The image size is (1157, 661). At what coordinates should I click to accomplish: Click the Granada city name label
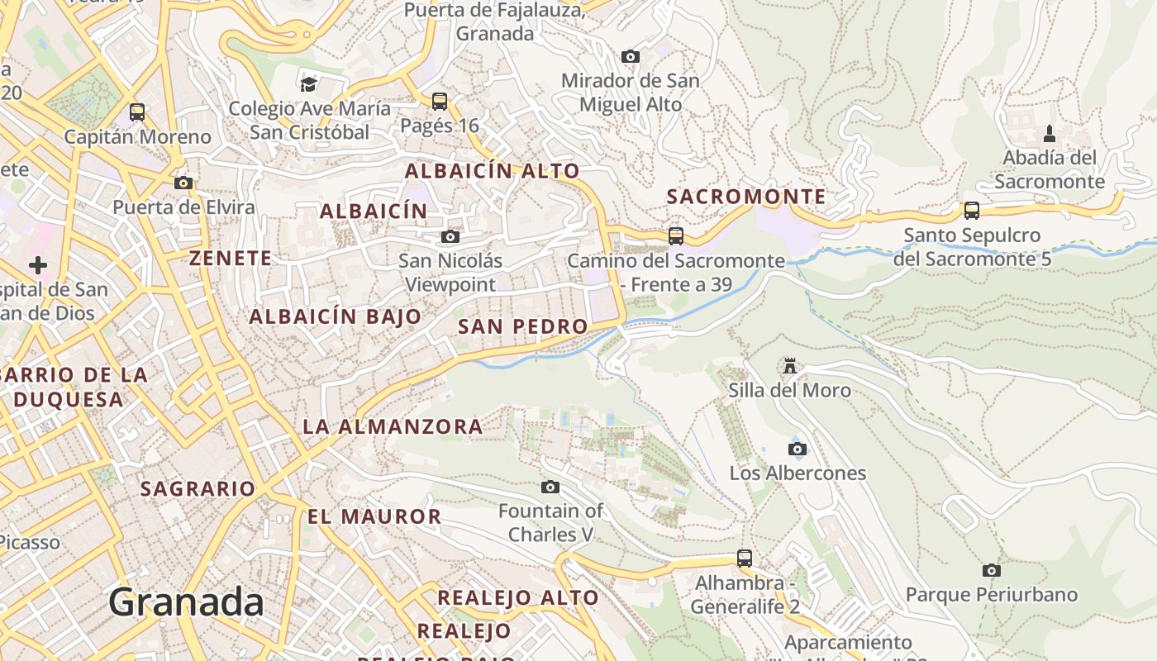click(x=186, y=602)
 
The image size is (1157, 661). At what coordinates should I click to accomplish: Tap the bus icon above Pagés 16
click(x=440, y=102)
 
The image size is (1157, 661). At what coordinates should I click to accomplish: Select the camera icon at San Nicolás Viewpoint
click(x=450, y=237)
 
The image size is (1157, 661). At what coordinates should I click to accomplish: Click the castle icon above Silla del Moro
click(x=790, y=365)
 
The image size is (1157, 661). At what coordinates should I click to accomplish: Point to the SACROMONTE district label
click(x=746, y=197)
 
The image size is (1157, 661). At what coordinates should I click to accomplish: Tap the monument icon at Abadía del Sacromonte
click(x=1050, y=133)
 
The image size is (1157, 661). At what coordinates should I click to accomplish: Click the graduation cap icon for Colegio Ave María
click(x=309, y=84)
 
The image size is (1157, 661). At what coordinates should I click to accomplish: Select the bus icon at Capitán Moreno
click(x=137, y=112)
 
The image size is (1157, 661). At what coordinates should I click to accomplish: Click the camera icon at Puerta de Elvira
click(x=183, y=183)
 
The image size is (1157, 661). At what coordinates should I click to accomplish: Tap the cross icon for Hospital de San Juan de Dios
click(x=38, y=265)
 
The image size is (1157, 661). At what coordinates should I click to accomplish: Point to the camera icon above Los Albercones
click(x=797, y=449)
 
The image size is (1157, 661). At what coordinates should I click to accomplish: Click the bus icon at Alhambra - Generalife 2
click(x=745, y=559)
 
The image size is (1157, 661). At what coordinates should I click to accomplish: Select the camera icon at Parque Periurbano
click(x=991, y=570)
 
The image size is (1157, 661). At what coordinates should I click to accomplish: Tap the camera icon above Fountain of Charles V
click(x=550, y=487)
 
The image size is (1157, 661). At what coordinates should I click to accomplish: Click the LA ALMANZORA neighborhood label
click(x=393, y=426)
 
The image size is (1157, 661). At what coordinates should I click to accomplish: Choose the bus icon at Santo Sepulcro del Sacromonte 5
click(x=972, y=211)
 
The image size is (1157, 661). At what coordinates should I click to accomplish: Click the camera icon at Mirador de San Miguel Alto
click(x=630, y=56)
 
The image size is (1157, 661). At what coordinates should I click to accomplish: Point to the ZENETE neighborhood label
click(x=231, y=258)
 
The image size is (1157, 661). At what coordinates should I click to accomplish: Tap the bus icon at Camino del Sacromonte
click(x=676, y=236)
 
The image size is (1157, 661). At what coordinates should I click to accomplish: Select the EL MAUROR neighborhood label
click(x=374, y=517)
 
